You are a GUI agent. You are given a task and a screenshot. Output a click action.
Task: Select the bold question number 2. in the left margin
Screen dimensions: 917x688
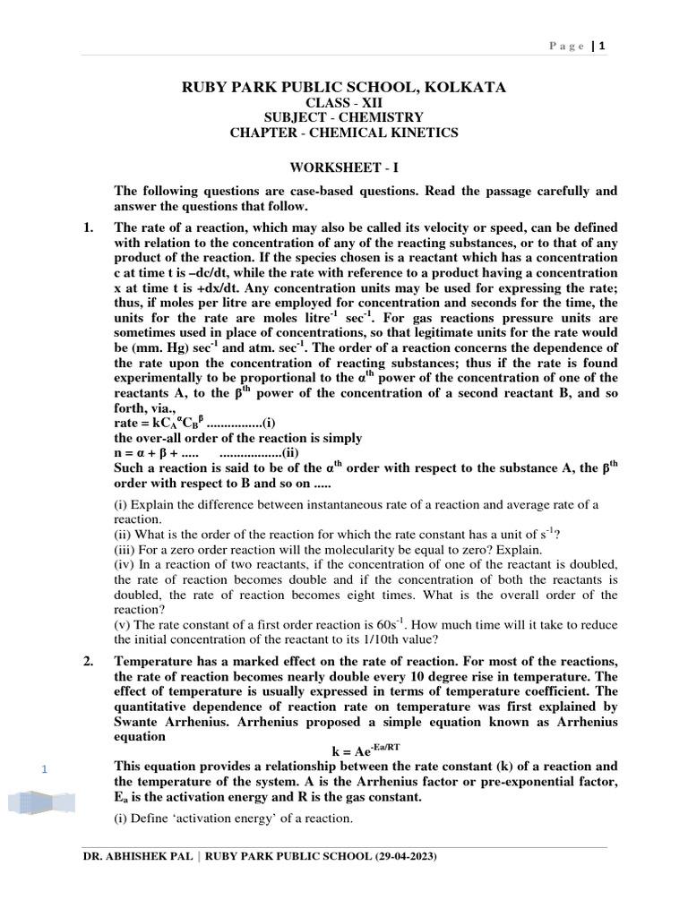click(88, 661)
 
